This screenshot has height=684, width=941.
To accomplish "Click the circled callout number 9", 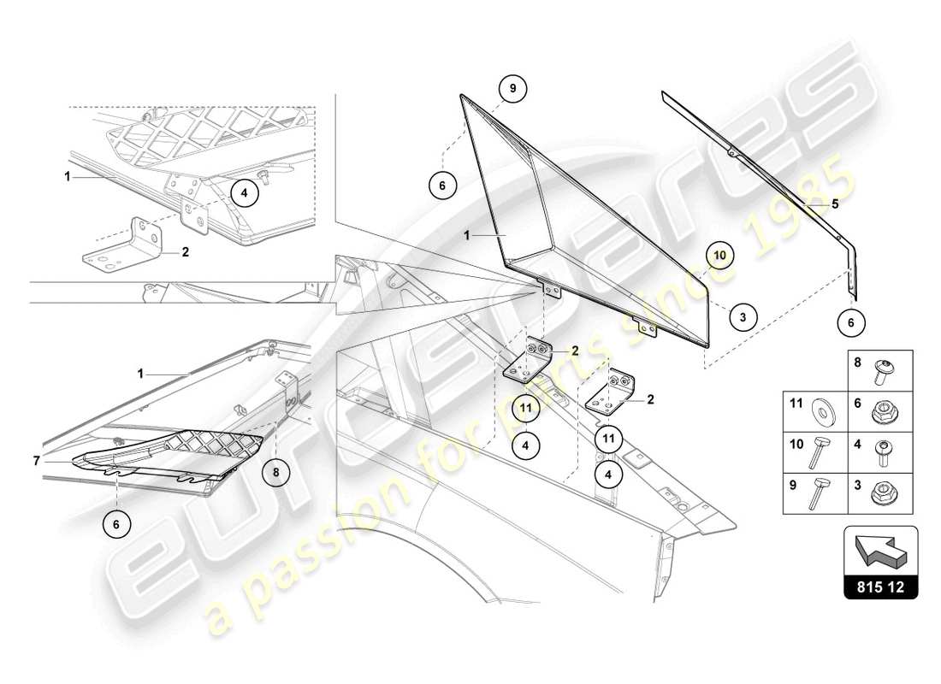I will (512, 88).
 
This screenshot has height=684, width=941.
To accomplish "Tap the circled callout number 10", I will (719, 255).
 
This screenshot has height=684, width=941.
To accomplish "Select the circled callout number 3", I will (743, 316).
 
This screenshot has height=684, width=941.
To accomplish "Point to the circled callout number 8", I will (275, 471).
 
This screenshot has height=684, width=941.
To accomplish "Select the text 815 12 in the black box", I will (881, 588).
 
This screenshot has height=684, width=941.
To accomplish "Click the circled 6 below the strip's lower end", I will (850, 322).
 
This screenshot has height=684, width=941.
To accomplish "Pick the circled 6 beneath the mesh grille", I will (115, 523).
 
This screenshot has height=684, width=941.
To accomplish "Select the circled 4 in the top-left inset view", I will (244, 193).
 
